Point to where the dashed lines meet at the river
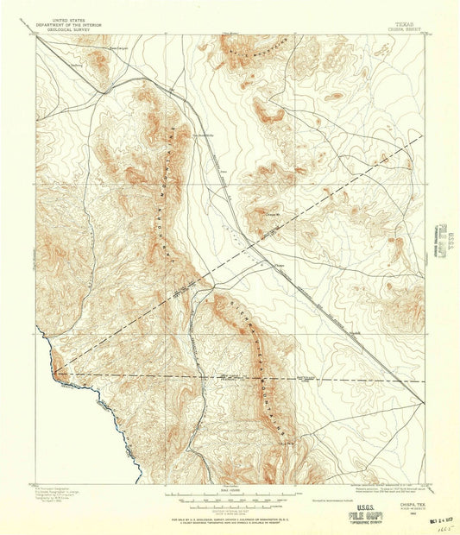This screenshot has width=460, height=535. click(x=56, y=374)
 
